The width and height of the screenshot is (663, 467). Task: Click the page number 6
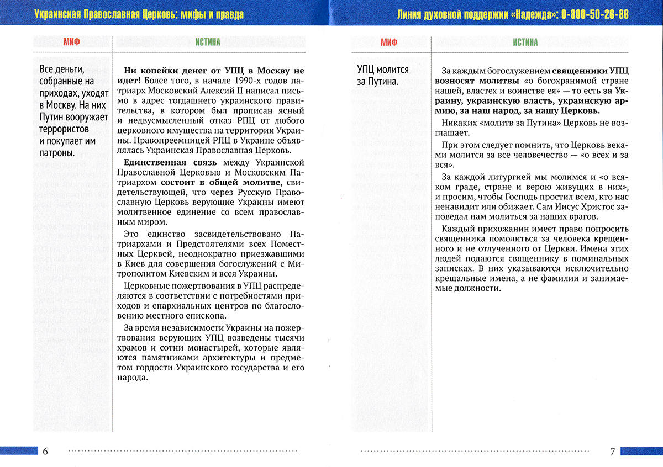(x=45, y=452)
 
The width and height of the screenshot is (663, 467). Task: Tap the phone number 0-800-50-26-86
(x=595, y=14)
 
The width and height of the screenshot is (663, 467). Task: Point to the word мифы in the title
(x=211, y=14)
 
